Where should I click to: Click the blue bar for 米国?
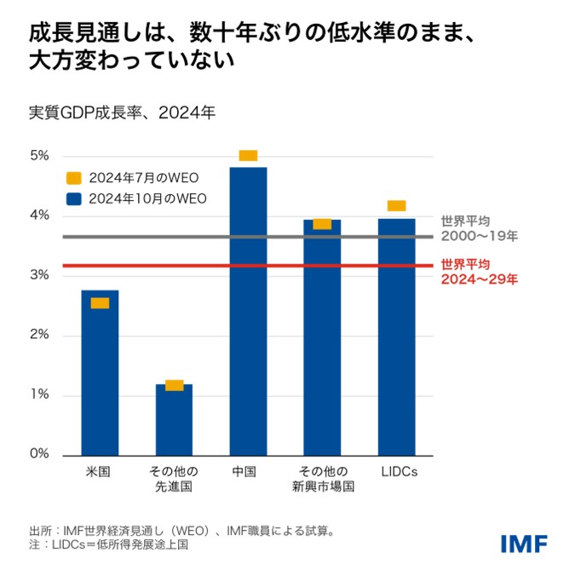coord(100,375)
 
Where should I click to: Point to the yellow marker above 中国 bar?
coord(248,155)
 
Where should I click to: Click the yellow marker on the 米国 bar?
coord(100,303)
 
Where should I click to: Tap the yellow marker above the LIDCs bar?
coord(396,205)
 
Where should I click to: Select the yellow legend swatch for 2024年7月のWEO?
coord(74,178)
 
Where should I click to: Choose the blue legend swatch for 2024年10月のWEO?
coord(74,198)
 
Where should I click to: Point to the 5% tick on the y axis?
coord(40,156)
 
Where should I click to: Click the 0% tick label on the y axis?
coord(40,454)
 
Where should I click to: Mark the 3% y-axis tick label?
coord(40,275)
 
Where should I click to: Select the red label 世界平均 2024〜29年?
coord(479,271)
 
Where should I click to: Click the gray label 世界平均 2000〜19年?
coord(479,227)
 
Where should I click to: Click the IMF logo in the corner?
coord(523,543)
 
